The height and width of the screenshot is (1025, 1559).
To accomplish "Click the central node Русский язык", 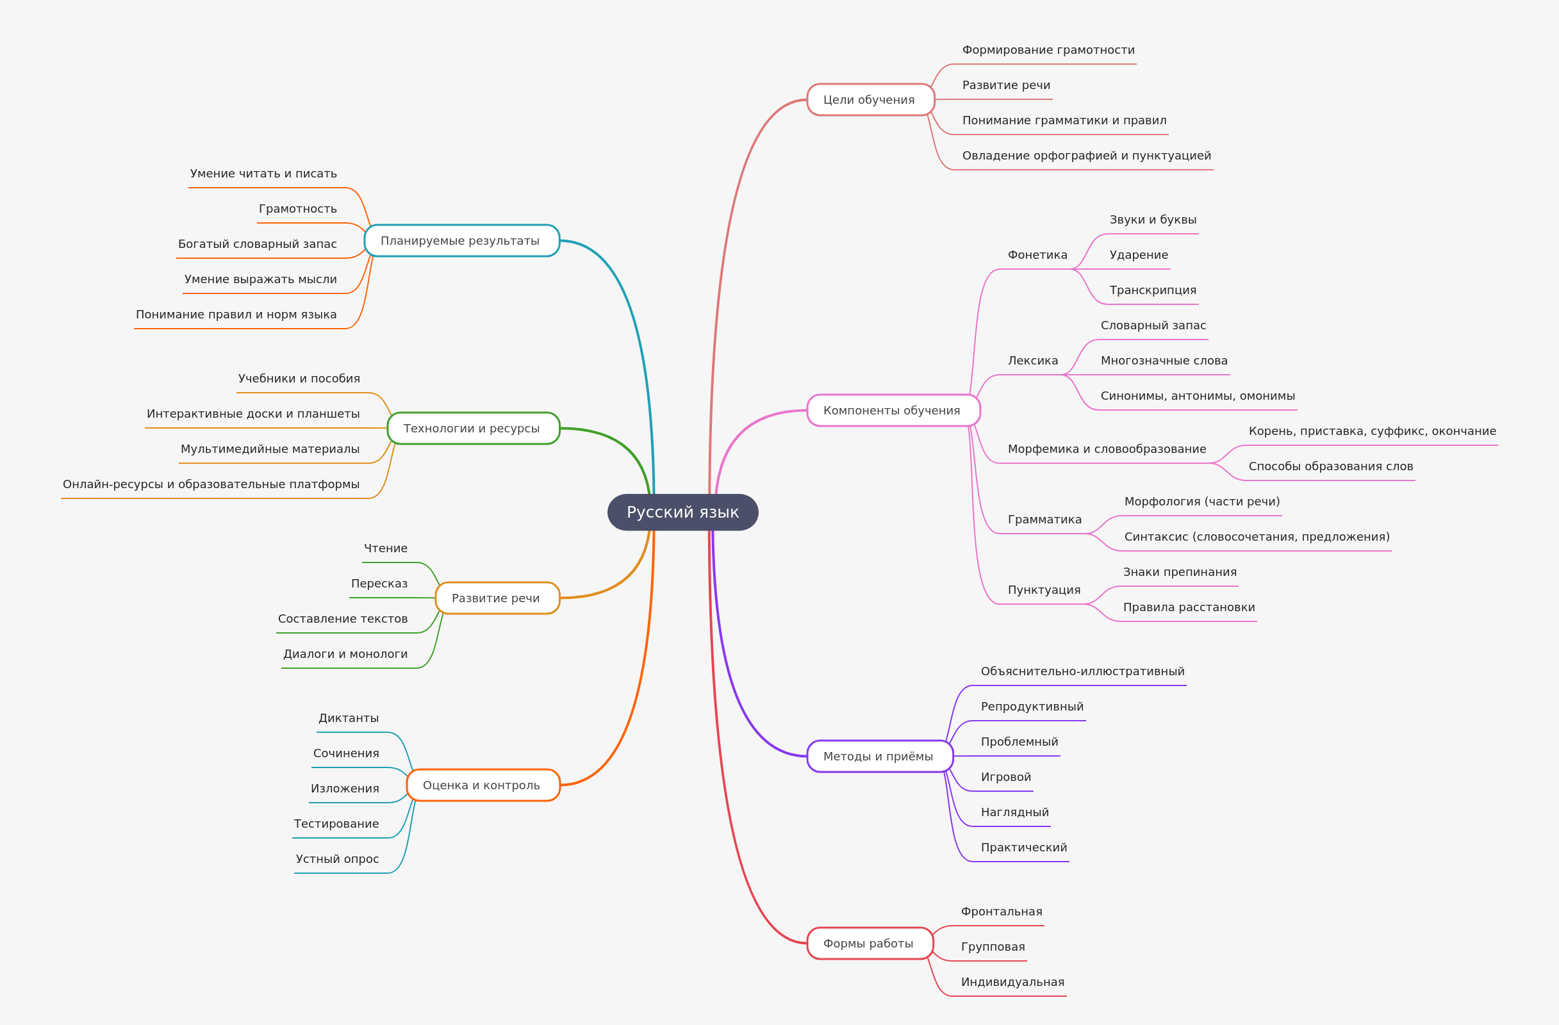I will [x=682, y=512].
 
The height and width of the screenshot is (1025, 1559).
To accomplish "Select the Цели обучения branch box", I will [x=870, y=99].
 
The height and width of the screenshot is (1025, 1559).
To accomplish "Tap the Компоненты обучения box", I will [x=893, y=411].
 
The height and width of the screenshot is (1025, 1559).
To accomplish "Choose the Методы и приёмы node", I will [x=879, y=757].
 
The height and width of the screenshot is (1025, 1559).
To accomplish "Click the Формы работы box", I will [x=870, y=943].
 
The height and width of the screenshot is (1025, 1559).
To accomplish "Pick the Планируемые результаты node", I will [x=461, y=240].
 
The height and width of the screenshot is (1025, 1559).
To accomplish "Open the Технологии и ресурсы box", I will [x=473, y=429].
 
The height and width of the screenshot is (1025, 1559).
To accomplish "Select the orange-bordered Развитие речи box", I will [x=497, y=598].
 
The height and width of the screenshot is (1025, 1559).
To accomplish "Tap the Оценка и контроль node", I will [x=483, y=785].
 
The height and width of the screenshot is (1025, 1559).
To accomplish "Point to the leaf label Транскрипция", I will [x=1153, y=290].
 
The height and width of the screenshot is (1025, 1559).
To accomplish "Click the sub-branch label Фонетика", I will [x=1037, y=255].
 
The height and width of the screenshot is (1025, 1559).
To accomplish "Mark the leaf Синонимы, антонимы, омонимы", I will [x=1198, y=396].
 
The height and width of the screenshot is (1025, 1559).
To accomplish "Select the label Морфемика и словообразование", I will [x=1107, y=448].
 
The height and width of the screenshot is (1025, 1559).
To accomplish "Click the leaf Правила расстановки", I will [x=1189, y=607].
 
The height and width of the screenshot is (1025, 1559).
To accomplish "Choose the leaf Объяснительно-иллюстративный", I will [x=1082, y=671].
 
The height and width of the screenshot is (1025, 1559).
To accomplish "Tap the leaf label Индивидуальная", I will [x=1012, y=982].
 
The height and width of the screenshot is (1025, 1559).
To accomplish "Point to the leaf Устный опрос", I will [x=337, y=858].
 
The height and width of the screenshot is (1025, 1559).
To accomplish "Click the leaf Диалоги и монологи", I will [x=345, y=653].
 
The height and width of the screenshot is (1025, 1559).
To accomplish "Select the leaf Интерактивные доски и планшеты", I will [x=253, y=413].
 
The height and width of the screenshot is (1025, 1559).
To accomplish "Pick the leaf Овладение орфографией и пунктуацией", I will [x=1086, y=155].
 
